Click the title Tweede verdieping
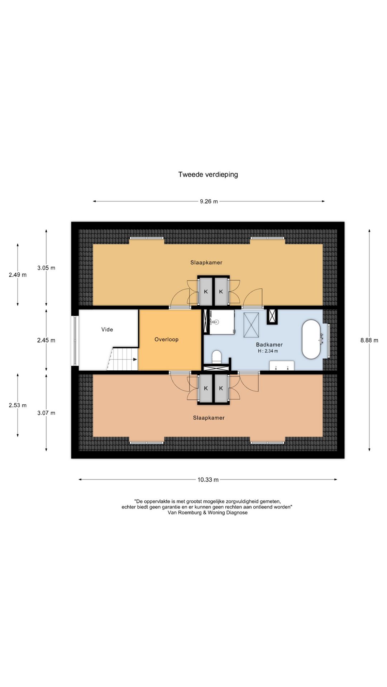click(208, 175)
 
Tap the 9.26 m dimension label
click(209, 201)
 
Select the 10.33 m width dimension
click(208, 479)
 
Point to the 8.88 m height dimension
click(369, 340)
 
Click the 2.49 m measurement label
click(18, 275)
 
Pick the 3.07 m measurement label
click(46, 413)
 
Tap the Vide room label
click(107, 330)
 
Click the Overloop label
click(166, 339)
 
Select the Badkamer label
click(269, 345)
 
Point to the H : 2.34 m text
click(268, 351)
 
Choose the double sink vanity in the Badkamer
click(282, 366)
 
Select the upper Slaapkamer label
click(206, 263)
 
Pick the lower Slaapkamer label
click(209, 418)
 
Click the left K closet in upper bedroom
click(206, 291)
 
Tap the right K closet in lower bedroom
click(221, 388)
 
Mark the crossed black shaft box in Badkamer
click(272, 316)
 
